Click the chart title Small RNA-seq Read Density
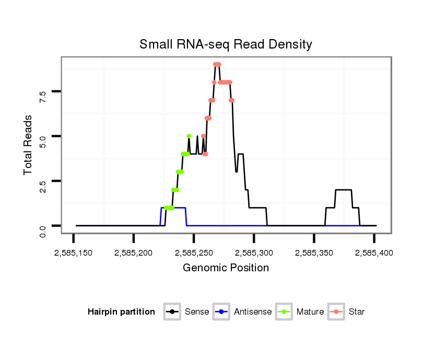click(x=226, y=44)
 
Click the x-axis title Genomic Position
click(x=226, y=268)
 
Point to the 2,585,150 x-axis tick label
click(x=74, y=253)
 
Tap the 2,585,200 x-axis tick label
click(x=134, y=253)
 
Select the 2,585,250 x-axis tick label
click(x=194, y=253)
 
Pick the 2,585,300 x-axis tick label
click(x=254, y=253)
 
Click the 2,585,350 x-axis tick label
click(x=314, y=253)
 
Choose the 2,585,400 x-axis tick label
click(x=374, y=253)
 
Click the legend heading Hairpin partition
click(x=121, y=312)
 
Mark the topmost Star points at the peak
click(x=217, y=64)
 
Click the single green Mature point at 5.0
click(x=189, y=136)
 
